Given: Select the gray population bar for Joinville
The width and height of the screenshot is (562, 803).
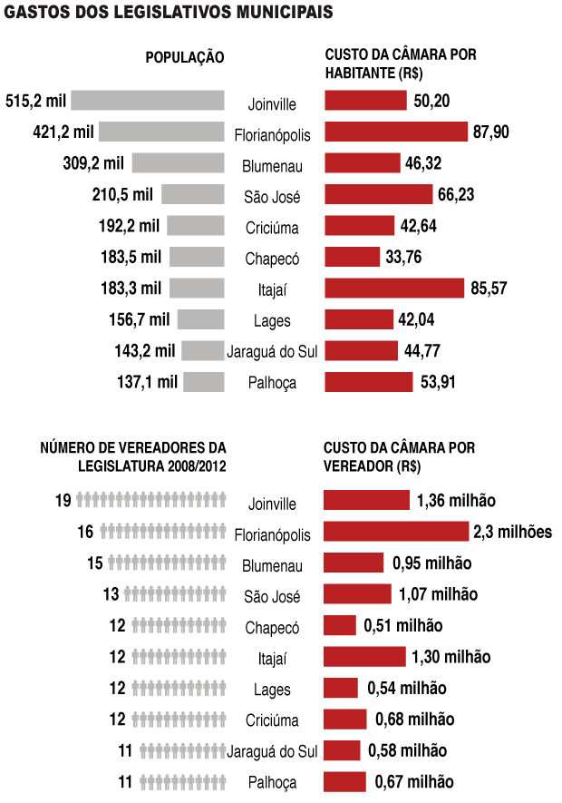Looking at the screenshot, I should pyautogui.click(x=147, y=101).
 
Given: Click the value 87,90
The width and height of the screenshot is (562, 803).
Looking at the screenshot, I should pyautogui.click(x=491, y=132).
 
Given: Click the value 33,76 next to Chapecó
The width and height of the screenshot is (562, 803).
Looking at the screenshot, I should pyautogui.click(x=405, y=257).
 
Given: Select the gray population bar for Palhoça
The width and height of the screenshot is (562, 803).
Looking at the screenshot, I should pyautogui.click(x=204, y=381).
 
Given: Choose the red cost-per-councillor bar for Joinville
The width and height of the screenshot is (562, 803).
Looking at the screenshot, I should pyautogui.click(x=366, y=501).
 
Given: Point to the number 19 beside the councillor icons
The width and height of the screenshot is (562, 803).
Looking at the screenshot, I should pyautogui.click(x=63, y=501).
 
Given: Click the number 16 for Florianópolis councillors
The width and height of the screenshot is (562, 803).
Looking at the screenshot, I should pyautogui.click(x=86, y=532).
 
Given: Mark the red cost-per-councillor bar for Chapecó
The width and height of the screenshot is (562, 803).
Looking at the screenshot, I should pyautogui.click(x=340, y=625).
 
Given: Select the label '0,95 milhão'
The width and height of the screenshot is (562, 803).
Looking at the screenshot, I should pyautogui.click(x=432, y=563).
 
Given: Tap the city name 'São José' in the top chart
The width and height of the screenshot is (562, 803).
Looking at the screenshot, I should pyautogui.click(x=272, y=196).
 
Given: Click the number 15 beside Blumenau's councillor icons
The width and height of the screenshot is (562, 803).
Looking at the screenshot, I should pyautogui.click(x=95, y=563).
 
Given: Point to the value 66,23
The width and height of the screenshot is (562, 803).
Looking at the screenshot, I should pyautogui.click(x=455, y=195).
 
